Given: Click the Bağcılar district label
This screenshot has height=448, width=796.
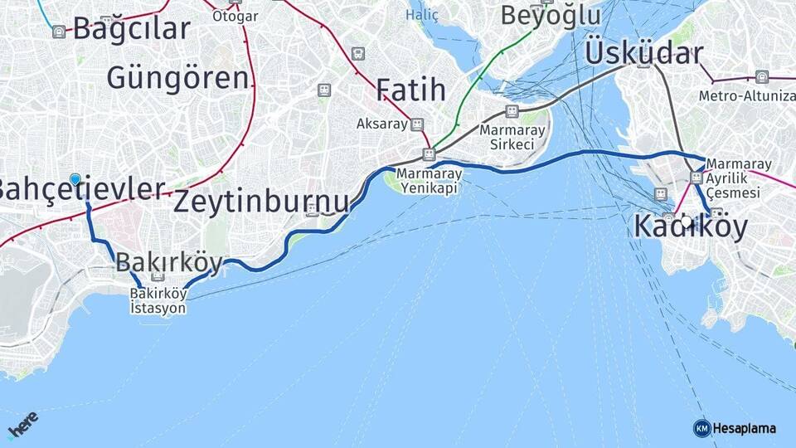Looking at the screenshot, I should click(131, 28).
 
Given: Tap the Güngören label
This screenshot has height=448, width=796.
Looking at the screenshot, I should click(177, 78).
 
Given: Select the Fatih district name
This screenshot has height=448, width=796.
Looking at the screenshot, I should click(410, 90).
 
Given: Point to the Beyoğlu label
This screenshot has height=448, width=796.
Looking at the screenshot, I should click(550, 15).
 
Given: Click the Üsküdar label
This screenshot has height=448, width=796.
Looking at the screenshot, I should click(643, 52).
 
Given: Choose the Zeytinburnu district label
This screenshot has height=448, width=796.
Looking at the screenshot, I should click(261, 202).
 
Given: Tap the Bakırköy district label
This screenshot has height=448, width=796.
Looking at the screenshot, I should click(169, 263).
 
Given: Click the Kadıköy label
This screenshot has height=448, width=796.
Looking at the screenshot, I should click(690, 226).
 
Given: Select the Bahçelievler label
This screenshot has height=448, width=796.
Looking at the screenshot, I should click(81, 189).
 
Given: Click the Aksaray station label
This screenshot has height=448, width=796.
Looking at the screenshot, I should click(382, 124).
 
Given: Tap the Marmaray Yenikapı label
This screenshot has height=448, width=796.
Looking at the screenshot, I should click(428, 182).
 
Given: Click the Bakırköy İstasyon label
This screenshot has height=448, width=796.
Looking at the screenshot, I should click(158, 300).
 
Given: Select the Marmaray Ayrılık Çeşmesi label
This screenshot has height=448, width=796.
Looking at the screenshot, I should click(740, 178).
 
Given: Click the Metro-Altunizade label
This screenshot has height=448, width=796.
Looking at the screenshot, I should click(746, 95).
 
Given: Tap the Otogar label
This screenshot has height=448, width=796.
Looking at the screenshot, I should click(235, 16).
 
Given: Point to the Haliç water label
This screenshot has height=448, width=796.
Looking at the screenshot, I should click(421, 15).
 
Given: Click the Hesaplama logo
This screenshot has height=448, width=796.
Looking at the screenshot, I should click(735, 428).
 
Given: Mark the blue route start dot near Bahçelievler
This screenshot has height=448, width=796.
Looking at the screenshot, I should click(75, 179).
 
